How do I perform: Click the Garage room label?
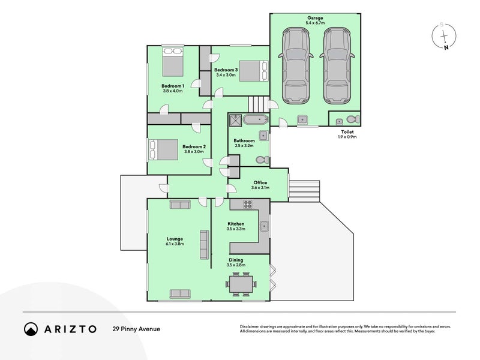coord(315,18)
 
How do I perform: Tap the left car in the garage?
coord(296,65)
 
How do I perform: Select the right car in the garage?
coord(337,65)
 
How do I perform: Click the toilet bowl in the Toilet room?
coord(353,118)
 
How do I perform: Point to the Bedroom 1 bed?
coord(173,62)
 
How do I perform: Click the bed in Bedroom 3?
coord(253,71)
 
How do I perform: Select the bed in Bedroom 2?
coord(163,149)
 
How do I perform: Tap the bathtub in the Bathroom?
coord(256,119)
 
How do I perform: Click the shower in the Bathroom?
coord(235,120)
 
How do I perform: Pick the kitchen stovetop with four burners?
coord(248,204)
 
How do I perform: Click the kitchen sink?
coord(264,226)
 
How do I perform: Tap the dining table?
coord(241,284)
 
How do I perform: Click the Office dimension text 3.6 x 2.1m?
coord(260,188)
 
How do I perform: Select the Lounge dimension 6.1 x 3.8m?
coord(175,244)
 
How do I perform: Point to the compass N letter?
coord(446,47)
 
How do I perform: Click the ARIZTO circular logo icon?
coord(31,329)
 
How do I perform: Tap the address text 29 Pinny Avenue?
coord(136,329)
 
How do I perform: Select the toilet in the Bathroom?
coord(262,160)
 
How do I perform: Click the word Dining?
coord(236,260)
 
